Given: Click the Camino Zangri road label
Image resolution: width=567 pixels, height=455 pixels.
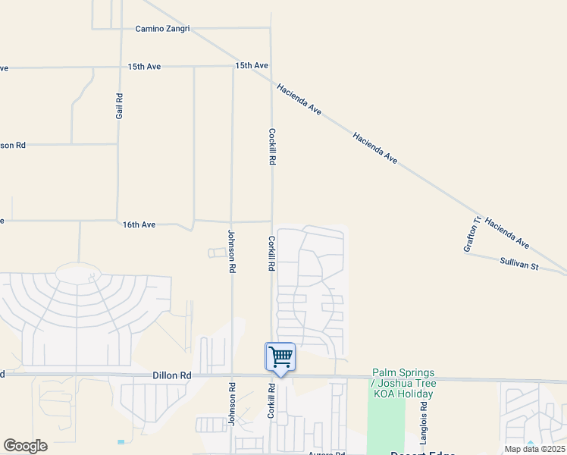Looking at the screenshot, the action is [x=162, y=29].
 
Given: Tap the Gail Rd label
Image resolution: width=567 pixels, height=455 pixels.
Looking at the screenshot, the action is [x=119, y=105].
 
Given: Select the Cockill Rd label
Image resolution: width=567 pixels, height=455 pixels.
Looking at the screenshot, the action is [x=271, y=146].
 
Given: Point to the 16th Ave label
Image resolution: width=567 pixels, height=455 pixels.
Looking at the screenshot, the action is [x=139, y=224].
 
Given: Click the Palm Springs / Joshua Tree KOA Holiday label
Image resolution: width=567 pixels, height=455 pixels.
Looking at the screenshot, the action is [x=403, y=383].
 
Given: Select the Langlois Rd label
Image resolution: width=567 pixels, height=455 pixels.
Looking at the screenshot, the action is [x=424, y=423].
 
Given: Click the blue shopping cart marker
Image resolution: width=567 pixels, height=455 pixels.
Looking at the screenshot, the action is [x=280, y=356].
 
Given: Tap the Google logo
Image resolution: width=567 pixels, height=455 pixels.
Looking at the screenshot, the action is [x=25, y=446].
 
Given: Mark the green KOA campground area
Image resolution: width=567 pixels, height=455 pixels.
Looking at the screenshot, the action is [x=385, y=425].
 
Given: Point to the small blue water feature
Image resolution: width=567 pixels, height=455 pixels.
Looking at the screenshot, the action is [x=120, y=441].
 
